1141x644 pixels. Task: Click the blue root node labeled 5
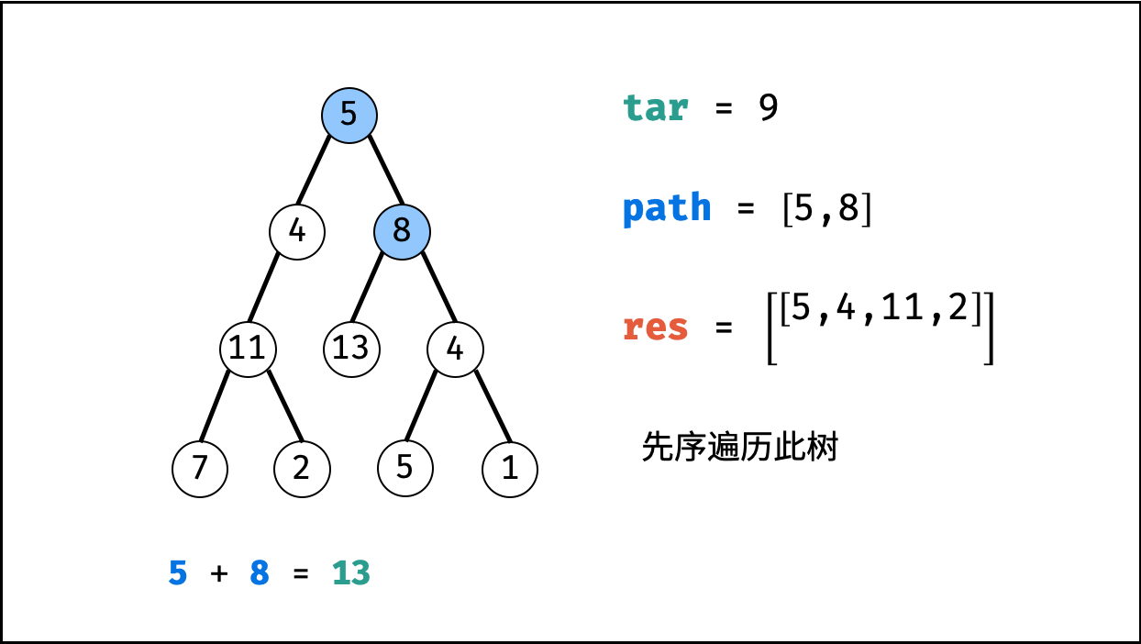[x=349, y=115]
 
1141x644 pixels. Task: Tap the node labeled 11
[x=248, y=349]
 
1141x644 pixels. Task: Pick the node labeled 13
[x=351, y=349]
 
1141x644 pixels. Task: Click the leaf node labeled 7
[x=200, y=469]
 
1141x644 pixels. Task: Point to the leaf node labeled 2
[x=302, y=469]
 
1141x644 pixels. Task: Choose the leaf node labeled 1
[x=510, y=469]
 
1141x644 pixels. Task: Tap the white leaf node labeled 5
[x=405, y=467]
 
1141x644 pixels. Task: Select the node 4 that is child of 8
[x=456, y=349]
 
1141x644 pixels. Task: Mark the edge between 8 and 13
[x=367, y=288]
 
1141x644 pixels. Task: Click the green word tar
[x=655, y=108]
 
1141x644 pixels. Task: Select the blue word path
[x=667, y=208]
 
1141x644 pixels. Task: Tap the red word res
[x=655, y=328]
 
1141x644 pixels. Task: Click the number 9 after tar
[x=769, y=108]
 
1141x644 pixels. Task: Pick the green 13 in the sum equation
[x=350, y=573]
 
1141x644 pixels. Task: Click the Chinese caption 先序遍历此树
[x=740, y=448]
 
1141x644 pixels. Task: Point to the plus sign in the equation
[x=218, y=574]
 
